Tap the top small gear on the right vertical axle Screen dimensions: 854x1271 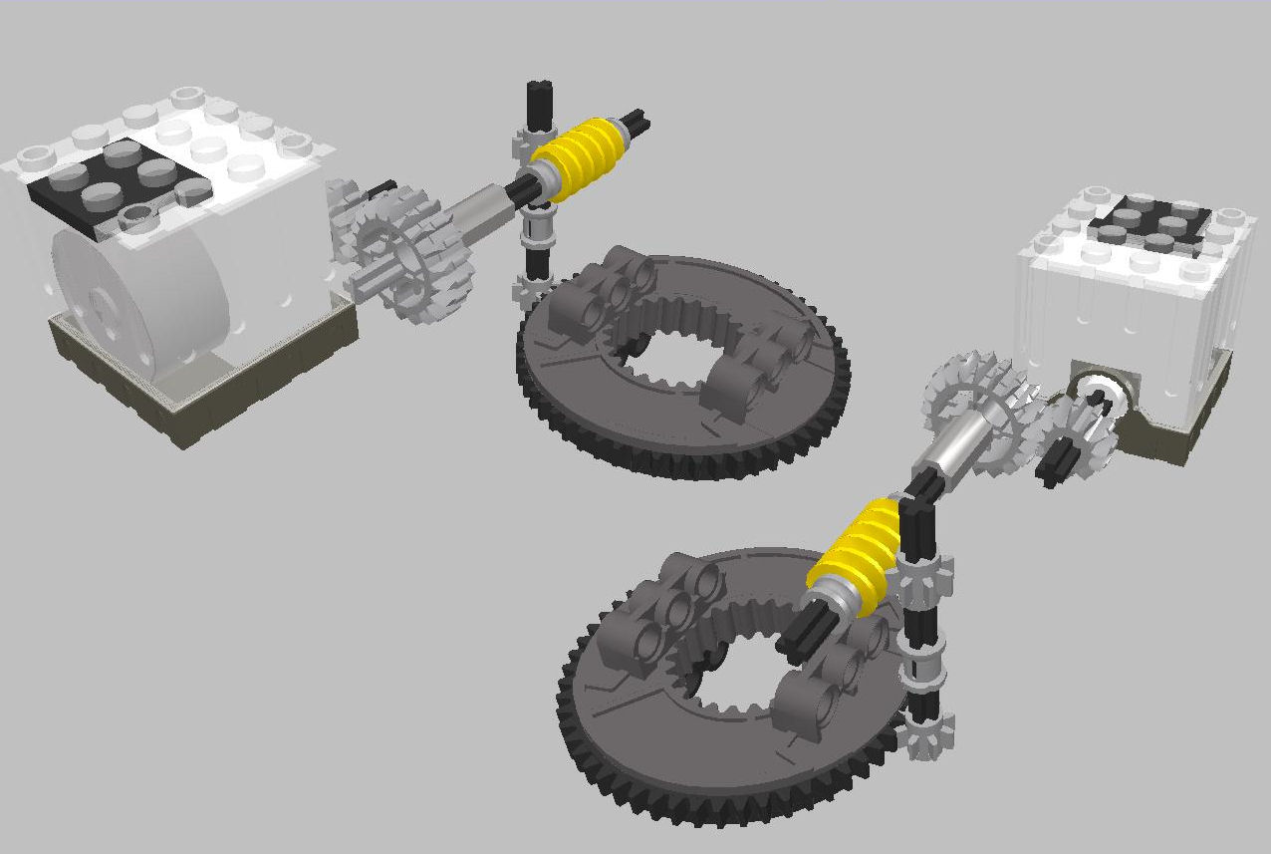pos(926,578)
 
